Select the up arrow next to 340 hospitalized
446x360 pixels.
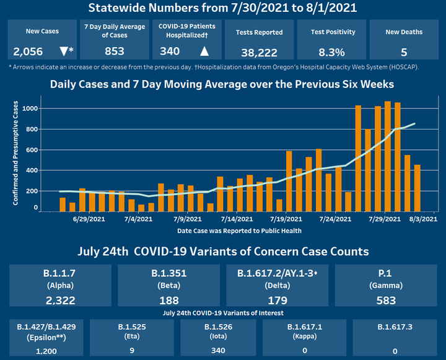(x=204, y=50)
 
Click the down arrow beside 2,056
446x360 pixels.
(x=63, y=50)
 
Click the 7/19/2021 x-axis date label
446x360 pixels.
(x=286, y=219)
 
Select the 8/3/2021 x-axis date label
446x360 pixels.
(x=424, y=219)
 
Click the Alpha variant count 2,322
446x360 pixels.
(x=60, y=301)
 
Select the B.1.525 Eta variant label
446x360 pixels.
(x=132, y=326)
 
